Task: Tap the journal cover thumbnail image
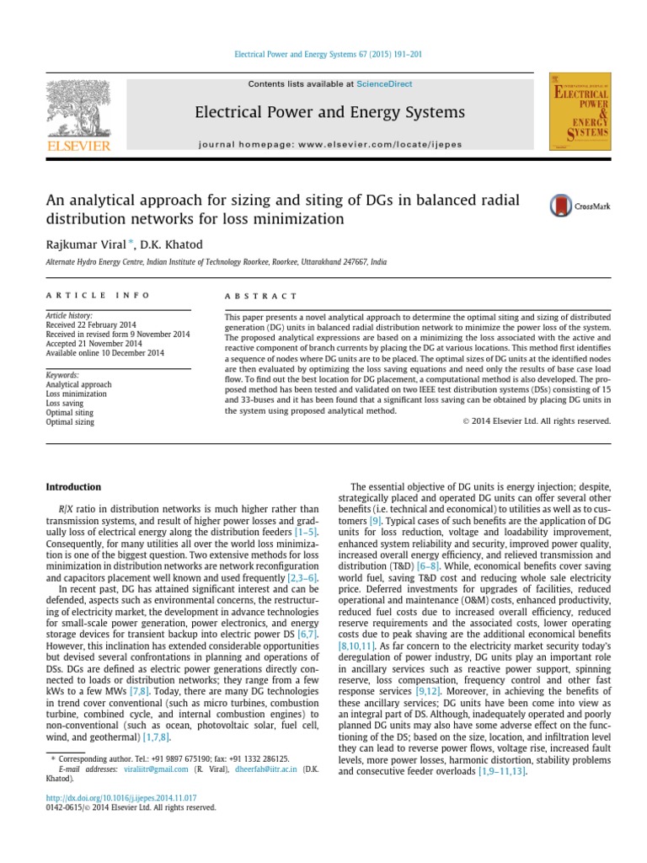580,112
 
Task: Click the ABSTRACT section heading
261,296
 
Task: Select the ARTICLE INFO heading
98,296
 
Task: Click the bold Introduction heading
73,487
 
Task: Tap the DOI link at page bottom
120,796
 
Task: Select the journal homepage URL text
330,144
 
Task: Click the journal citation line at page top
326,54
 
